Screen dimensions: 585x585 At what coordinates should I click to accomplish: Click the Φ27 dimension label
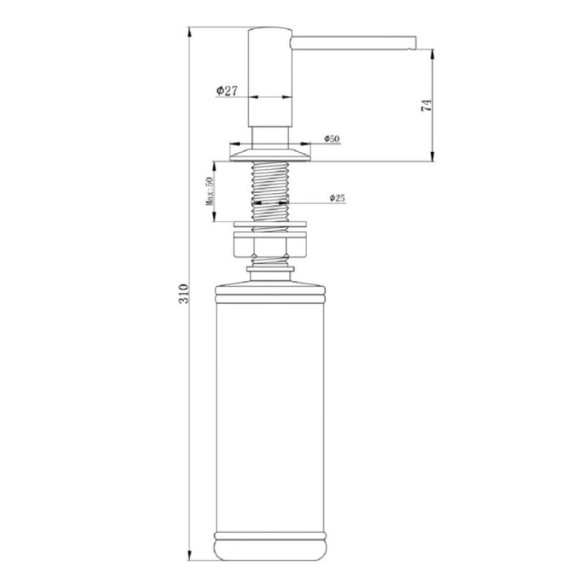pos(227,91)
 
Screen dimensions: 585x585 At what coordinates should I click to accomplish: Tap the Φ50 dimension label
pos(332,139)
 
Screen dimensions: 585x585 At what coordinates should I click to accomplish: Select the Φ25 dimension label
pos(337,198)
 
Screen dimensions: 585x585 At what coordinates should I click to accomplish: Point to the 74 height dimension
pos(426,105)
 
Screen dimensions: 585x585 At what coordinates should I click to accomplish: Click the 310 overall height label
pos(184,294)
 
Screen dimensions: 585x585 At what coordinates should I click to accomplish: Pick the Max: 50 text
pos(209,191)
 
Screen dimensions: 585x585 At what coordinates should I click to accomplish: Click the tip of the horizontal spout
pos(415,42)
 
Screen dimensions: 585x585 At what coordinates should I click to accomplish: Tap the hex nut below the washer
pos(270,244)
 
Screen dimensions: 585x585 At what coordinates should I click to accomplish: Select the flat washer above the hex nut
pos(270,224)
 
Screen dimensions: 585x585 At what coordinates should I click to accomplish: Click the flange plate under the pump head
pos(270,155)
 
